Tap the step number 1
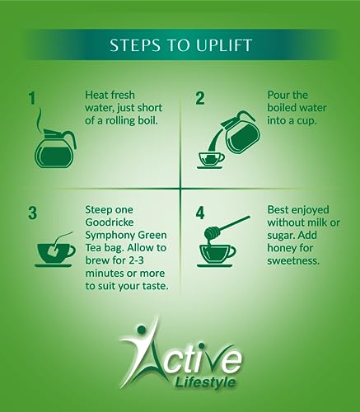[x=32, y=98]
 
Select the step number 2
[x=200, y=98]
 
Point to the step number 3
[x=32, y=213]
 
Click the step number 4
[x=200, y=213]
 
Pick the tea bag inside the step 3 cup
[x=52, y=250]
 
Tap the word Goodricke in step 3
[x=110, y=222]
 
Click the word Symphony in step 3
[x=107, y=236]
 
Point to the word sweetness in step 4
[x=293, y=260]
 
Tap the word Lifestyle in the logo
[x=204, y=382]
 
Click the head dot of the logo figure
[x=141, y=329]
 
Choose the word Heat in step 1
[x=95, y=95]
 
